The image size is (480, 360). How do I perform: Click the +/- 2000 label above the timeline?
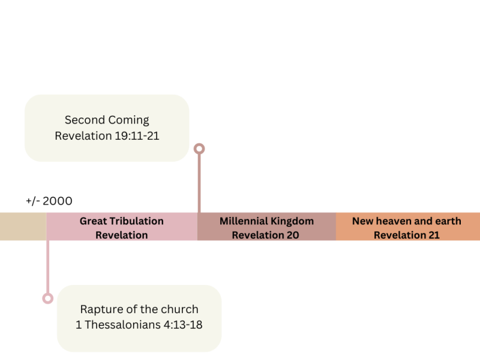49,201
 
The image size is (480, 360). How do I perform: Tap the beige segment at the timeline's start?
23,226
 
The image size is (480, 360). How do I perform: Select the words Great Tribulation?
121,221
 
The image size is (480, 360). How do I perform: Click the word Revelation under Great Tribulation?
121,235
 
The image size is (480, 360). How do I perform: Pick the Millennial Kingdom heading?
266,221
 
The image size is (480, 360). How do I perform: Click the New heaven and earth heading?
406,221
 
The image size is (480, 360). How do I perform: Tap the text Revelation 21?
406,235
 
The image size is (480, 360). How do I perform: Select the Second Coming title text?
107,120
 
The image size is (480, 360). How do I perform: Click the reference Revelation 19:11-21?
107,136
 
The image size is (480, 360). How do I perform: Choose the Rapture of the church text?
139,310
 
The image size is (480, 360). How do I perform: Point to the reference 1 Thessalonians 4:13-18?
139,326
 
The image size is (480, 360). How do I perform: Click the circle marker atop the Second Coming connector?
199,148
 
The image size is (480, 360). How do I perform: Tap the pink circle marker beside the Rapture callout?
47,298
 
